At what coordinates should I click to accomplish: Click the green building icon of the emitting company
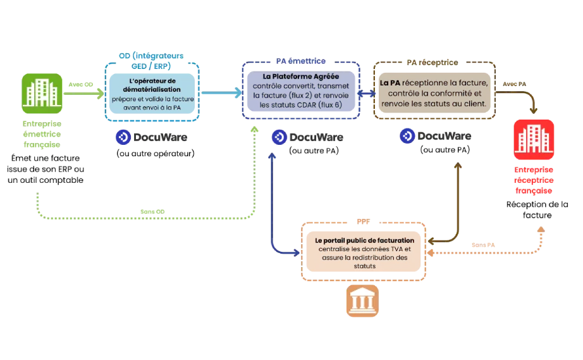click(x=42, y=92)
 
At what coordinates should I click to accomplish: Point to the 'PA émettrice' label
click(x=300, y=61)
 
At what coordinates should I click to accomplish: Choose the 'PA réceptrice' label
click(x=433, y=63)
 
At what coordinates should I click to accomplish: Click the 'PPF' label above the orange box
click(x=362, y=222)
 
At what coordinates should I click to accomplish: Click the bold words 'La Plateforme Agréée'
click(x=300, y=76)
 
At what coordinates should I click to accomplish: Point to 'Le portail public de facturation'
click(x=365, y=241)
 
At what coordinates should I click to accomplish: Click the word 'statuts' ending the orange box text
click(x=365, y=266)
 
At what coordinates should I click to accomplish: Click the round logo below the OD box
click(x=125, y=137)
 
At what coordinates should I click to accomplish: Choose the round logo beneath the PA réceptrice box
click(x=408, y=137)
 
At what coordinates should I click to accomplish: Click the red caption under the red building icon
click(x=534, y=180)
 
